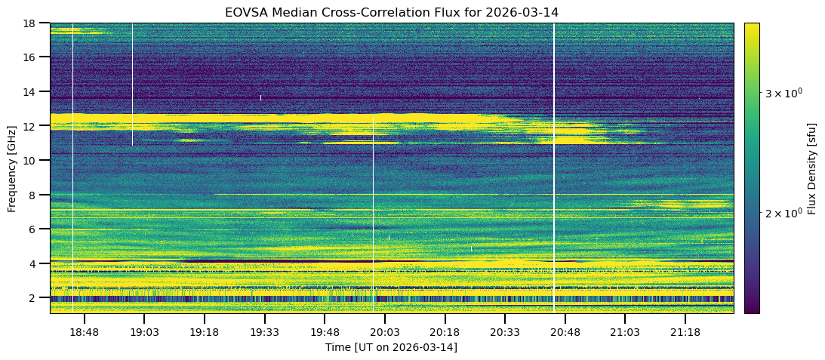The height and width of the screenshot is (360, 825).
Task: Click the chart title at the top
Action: pos(391,12)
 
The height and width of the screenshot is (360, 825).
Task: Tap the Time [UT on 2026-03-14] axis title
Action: pos(391,347)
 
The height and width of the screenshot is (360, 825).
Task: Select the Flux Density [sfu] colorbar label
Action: pos(812,168)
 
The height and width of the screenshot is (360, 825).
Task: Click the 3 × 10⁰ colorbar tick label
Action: pos(783,93)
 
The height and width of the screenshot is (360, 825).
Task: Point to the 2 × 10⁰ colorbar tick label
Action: pos(783,214)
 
